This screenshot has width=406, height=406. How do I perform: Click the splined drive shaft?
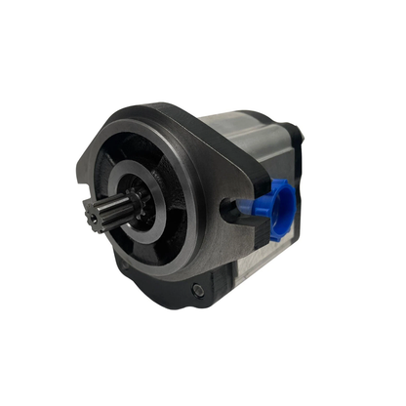(108, 213)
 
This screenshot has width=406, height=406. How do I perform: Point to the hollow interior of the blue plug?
(282, 203)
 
